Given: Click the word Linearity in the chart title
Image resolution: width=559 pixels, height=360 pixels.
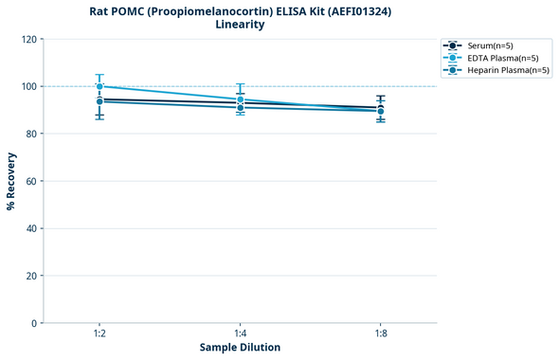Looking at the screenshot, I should click(x=240, y=25).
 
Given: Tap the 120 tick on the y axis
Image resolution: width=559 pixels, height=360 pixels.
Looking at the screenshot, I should click(x=27, y=39).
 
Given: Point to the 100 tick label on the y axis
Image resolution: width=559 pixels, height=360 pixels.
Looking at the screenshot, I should click(x=27, y=86).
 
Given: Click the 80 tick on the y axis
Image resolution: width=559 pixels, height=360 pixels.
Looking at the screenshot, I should click(x=30, y=134).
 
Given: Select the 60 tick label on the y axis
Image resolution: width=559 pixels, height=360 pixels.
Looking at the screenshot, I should click(x=30, y=181).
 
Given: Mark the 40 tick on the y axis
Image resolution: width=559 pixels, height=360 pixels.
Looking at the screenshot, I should click(x=30, y=228).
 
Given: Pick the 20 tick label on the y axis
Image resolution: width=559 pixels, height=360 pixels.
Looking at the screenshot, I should click(x=30, y=276).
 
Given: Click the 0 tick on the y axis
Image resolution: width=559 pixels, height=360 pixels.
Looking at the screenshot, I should click(x=33, y=323).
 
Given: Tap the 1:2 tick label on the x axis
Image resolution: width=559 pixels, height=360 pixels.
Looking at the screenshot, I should click(x=99, y=334).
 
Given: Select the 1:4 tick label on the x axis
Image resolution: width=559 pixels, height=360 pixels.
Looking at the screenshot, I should click(x=240, y=334).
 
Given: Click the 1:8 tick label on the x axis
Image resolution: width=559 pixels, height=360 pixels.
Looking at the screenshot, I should click(x=380, y=334).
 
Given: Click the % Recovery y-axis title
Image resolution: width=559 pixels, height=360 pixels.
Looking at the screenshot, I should click(x=11, y=180).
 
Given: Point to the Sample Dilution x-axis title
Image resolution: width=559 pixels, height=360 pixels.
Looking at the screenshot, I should click(x=240, y=348).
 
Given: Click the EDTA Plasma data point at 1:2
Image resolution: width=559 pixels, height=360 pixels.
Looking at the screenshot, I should click(x=99, y=86).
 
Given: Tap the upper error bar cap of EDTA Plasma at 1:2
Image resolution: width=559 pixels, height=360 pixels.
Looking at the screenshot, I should click(x=99, y=75).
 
